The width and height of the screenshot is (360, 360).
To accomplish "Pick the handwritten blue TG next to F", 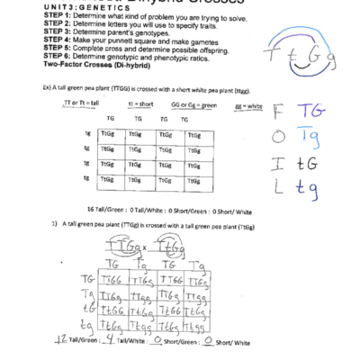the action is point(310,111).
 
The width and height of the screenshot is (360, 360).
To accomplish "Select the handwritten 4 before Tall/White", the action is point(106,341).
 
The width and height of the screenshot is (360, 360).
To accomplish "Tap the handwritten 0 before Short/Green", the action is point(157,341).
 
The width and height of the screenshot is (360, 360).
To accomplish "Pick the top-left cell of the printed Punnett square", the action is point(110,134).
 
